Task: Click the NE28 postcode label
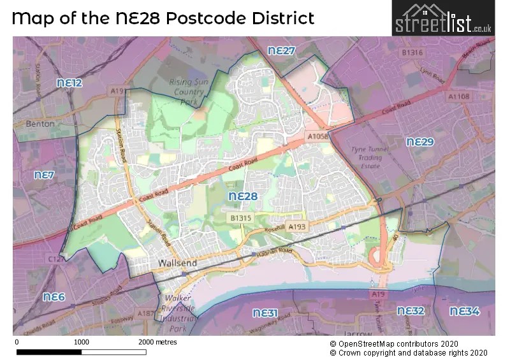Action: pos(243,196)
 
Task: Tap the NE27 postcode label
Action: pos(281,50)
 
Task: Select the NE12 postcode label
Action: pos(69,83)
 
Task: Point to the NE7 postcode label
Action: pos(45,175)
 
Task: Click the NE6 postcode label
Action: pos(54,297)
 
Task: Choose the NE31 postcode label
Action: pos(265,313)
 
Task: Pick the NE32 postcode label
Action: pos(411,311)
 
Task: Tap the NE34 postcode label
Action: pos(464,311)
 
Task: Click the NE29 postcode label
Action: pos(419,141)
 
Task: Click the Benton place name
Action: pos(40,124)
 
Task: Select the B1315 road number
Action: pos(242,218)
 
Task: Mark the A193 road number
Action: pos(297,226)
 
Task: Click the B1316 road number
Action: pos(412,52)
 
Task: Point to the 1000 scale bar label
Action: pos(81,342)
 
